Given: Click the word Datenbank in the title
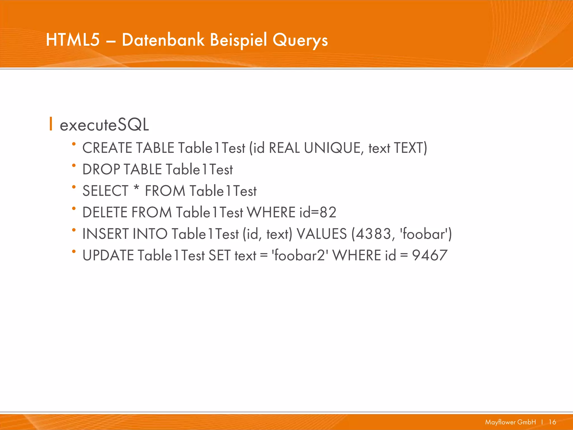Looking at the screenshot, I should (x=163, y=40).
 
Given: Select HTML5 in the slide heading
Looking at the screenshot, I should (x=73, y=40).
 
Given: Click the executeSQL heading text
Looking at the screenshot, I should (x=104, y=125).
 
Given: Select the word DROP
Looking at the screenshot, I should (x=101, y=169).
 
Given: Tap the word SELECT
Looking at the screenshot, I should (x=105, y=191).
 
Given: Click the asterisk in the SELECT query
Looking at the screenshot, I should (x=136, y=188).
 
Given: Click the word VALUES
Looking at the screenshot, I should (x=322, y=234).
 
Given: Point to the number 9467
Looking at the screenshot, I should (x=430, y=255).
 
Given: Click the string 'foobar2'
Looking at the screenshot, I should (x=300, y=255).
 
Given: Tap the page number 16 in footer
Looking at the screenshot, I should (x=552, y=422).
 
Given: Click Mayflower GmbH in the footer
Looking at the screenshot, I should (x=510, y=422).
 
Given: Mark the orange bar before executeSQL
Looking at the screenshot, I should (x=51, y=124).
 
